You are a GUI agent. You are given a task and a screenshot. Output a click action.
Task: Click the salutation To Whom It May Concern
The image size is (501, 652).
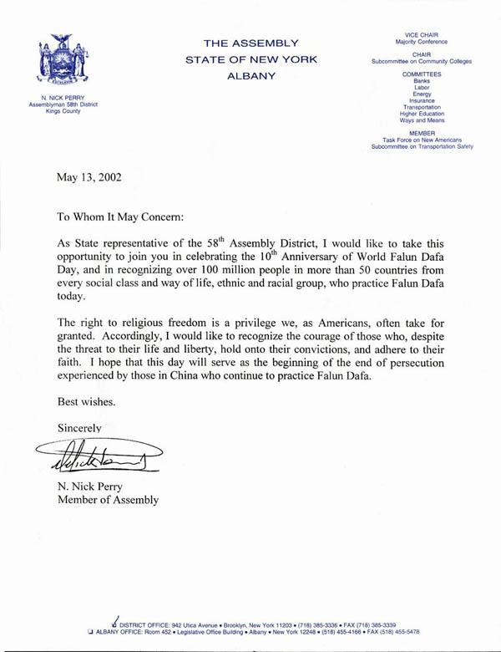(x=124, y=214)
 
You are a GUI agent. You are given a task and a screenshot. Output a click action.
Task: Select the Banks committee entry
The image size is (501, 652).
(x=422, y=80)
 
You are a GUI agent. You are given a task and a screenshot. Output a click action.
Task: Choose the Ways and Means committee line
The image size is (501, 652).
(x=422, y=120)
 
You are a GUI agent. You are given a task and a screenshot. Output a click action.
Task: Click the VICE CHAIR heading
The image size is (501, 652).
(x=422, y=35)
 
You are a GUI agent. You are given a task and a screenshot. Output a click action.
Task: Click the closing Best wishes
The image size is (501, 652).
(x=87, y=401)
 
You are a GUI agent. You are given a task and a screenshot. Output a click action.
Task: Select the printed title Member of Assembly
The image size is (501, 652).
(x=107, y=500)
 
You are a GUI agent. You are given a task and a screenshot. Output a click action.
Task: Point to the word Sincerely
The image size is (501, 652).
(x=79, y=428)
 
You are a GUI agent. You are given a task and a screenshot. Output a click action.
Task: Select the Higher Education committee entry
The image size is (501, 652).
(x=422, y=114)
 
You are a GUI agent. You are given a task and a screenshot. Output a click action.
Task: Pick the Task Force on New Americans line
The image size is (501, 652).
(x=422, y=140)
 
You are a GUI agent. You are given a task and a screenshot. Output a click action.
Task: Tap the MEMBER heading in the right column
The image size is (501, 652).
(x=422, y=133)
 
